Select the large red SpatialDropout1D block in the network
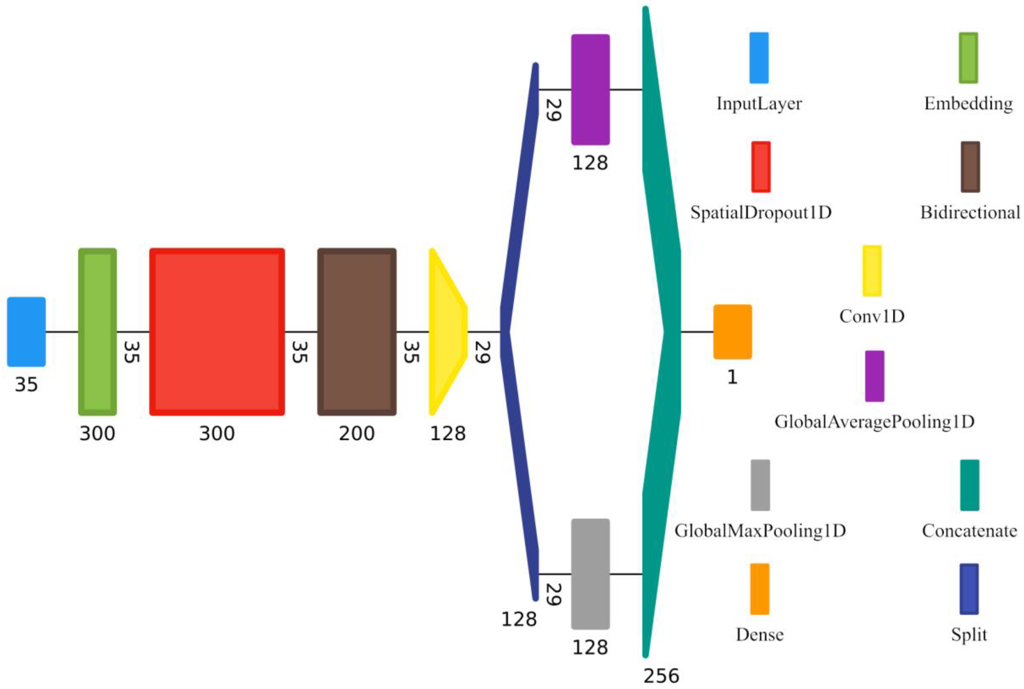click(217, 332)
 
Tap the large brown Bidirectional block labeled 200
click(357, 332)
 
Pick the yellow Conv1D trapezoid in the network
click(446, 332)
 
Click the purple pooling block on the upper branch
click(590, 90)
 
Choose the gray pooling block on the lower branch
click(590, 574)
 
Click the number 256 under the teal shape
click(661, 676)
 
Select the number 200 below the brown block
click(357, 434)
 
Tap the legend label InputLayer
click(759, 104)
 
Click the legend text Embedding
click(969, 104)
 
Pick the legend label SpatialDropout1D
click(761, 213)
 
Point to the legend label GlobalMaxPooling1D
click(760, 531)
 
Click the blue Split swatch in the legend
click(969, 589)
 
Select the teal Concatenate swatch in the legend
click(969, 485)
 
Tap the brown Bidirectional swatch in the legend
click(970, 167)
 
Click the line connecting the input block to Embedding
click(62, 332)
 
